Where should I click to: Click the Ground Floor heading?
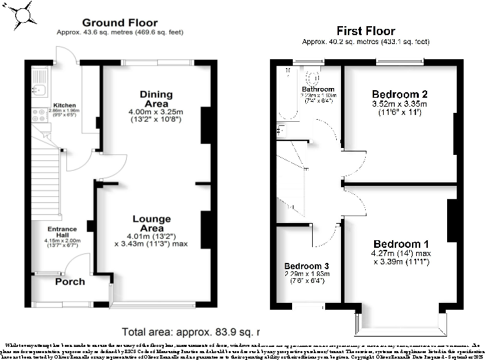pyautogui.click(x=113, y=23)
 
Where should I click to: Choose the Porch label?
pyautogui.click(x=70, y=282)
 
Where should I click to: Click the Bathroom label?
pyautogui.click(x=318, y=89)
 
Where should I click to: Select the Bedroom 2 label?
pyautogui.click(x=400, y=94)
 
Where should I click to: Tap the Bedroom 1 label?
pyautogui.click(x=401, y=244)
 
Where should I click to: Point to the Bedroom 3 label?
pyautogui.click(x=307, y=266)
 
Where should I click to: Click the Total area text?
pyautogui.click(x=185, y=330)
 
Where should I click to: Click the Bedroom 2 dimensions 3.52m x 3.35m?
pyautogui.click(x=400, y=105)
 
